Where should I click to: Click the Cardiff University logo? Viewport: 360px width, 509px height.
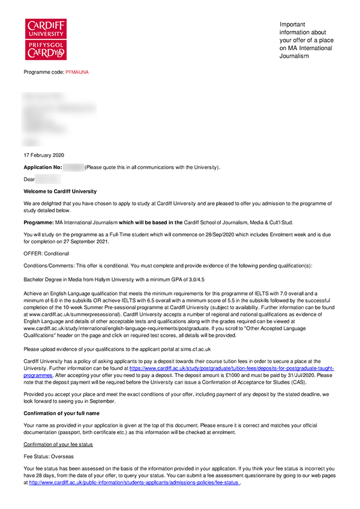[x=46, y=39]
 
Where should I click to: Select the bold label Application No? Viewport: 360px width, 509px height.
[x=43, y=167]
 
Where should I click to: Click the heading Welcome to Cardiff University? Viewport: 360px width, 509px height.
[x=60, y=191]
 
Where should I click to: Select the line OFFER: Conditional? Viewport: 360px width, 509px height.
[x=46, y=254]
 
